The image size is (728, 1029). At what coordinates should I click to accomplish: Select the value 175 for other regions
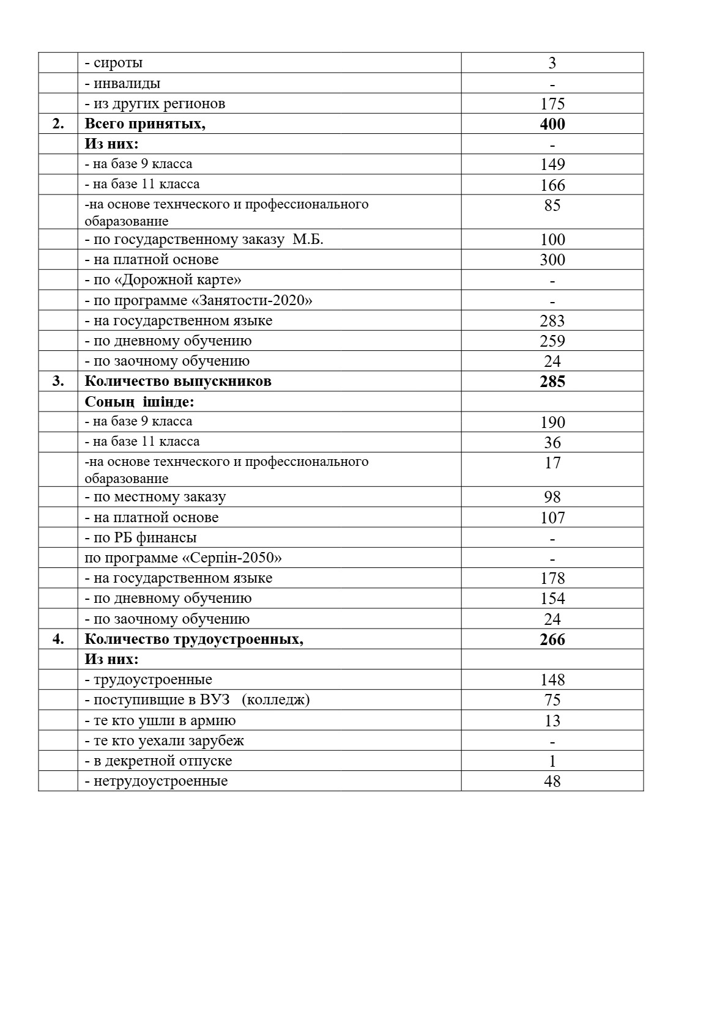(x=552, y=104)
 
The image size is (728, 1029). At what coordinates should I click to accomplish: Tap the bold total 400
(x=552, y=124)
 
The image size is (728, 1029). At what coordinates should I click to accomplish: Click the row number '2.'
(x=58, y=124)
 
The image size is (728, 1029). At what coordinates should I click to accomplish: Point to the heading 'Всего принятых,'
(x=145, y=124)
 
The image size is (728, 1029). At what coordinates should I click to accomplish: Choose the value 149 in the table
(x=552, y=164)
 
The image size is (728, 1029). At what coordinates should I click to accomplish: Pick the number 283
(x=552, y=321)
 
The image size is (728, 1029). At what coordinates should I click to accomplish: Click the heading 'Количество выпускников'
(x=178, y=382)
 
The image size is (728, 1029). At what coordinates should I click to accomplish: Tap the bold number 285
(x=552, y=382)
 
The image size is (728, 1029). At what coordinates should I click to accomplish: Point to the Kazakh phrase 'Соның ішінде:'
(x=139, y=402)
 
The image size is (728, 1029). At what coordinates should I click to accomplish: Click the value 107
(x=552, y=518)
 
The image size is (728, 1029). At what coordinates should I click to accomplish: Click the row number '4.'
(x=58, y=640)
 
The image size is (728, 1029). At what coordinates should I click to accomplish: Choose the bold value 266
(x=552, y=640)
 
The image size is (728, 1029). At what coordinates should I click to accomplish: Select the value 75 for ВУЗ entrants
(x=552, y=700)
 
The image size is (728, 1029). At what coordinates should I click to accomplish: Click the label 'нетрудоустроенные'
(x=160, y=781)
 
